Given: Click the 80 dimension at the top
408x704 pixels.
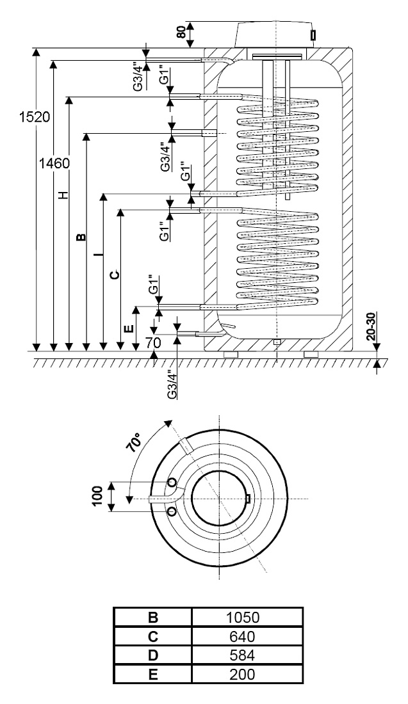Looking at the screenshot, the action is (181, 33).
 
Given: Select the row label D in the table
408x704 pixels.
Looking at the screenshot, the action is (153, 655).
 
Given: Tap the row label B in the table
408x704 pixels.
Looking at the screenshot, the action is (153, 618).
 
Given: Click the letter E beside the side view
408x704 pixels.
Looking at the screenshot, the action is (129, 328).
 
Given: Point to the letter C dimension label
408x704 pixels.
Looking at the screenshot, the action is (115, 275).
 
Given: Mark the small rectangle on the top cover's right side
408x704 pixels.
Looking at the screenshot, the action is (313, 35).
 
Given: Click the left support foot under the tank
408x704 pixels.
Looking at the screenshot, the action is (231, 355).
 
